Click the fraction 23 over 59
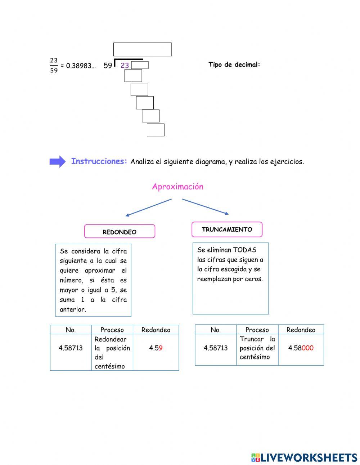[x=54, y=65]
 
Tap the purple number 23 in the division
[x=125, y=66]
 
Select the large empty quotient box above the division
[x=142, y=49]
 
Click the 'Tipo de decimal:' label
[x=234, y=65]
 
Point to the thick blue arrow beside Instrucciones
[x=57, y=162]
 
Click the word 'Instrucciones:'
[x=99, y=161]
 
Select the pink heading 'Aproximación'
[x=177, y=187]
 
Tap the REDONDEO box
[x=120, y=232]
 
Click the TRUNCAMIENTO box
[x=227, y=229]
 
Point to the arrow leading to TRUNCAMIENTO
[x=205, y=206]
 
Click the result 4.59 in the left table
[x=156, y=348]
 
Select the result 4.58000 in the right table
[x=301, y=348]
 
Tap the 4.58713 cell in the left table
[x=71, y=348]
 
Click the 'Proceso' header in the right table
[x=257, y=330]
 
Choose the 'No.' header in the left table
[x=71, y=330]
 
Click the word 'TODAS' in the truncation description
[x=244, y=250]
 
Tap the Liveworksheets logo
[x=304, y=457]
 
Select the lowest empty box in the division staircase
[x=156, y=130]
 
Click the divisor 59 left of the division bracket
[x=108, y=66]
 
